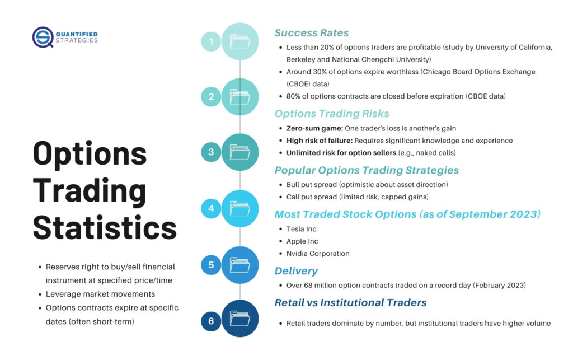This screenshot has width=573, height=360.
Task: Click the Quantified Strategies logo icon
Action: click(43, 37)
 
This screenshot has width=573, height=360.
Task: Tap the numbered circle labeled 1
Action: click(211, 41)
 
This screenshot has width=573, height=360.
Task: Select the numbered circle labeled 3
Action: click(211, 152)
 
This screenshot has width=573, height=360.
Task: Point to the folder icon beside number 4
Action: click(240, 208)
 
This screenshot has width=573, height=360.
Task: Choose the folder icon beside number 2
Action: click(240, 97)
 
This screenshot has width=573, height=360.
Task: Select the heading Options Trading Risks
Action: click(332, 114)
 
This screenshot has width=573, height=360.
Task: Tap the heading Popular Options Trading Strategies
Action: click(367, 170)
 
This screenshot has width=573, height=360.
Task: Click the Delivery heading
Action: click(296, 271)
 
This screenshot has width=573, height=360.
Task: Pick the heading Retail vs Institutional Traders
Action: click(350, 303)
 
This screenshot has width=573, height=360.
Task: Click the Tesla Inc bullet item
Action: click(302, 229)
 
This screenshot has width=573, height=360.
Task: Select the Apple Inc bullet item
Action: click(302, 241)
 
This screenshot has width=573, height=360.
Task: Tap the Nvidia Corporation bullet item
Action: click(318, 253)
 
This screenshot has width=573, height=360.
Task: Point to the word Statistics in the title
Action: click(105, 228)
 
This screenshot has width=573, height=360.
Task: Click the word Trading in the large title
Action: click(90, 191)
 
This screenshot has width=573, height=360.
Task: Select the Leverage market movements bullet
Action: click(100, 294)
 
